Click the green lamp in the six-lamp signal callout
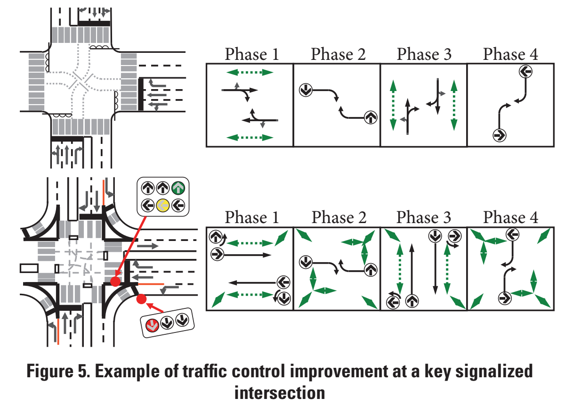[178, 188]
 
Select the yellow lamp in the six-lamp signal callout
[163, 205]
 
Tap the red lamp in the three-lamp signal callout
[152, 325]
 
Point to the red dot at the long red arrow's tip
[115, 281]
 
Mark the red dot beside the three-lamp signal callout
[141, 299]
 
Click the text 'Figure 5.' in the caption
[58, 371]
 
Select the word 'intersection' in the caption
[280, 393]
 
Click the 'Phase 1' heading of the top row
[252, 54]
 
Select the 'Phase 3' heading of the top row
[424, 54]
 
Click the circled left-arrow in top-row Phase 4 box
[525, 72]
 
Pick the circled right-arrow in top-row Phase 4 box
[500, 135]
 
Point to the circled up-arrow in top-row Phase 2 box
[371, 117]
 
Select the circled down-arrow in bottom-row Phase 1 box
[284, 299]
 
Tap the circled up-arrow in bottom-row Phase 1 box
[216, 237]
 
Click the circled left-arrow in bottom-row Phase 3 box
[393, 302]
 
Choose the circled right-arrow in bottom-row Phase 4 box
[505, 299]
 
